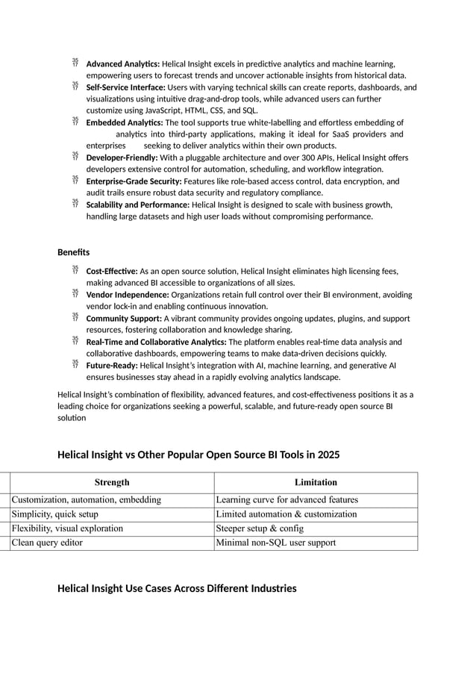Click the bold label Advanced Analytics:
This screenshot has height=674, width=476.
click(x=123, y=64)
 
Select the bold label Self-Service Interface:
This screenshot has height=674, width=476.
click(x=126, y=87)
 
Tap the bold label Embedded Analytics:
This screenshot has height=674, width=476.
click(x=125, y=122)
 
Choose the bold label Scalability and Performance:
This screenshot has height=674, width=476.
click(x=138, y=205)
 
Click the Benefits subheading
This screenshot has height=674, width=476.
click(x=73, y=252)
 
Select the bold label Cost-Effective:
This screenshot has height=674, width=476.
click(x=112, y=272)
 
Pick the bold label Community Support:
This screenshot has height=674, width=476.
click(x=124, y=319)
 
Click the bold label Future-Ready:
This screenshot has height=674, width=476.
click(x=112, y=366)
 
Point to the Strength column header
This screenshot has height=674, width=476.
click(x=112, y=482)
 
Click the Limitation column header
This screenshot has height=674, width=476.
click(x=316, y=482)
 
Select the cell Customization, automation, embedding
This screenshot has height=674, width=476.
click(x=87, y=500)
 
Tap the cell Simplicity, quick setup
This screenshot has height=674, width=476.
click(x=54, y=514)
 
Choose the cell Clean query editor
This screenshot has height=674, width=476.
click(x=47, y=543)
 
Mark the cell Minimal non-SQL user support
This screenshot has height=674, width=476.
click(x=275, y=543)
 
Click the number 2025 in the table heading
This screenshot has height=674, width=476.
click(x=328, y=455)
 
